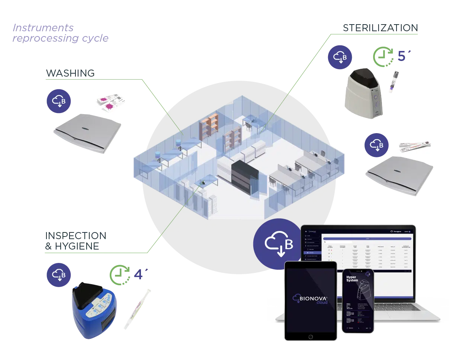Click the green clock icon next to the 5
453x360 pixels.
click(384, 57)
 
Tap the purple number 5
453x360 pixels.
click(402, 57)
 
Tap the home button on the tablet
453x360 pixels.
click(310, 337)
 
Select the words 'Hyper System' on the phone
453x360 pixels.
click(352, 279)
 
